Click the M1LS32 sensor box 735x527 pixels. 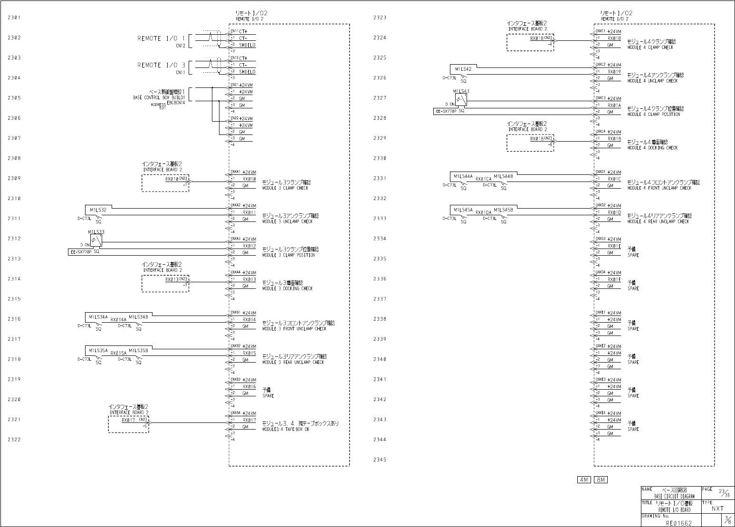pos(98,210)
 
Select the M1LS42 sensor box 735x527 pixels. pos(463,69)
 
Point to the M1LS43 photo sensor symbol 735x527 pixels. pos(461,100)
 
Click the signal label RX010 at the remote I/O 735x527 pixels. pos(249,179)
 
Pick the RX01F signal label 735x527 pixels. pos(614,279)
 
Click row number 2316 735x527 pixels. pos(14,319)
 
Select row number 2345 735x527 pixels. pos(380,460)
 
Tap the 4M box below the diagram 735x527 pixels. pos(583,480)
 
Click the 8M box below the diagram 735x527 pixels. pos(601,480)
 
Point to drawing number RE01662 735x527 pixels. pos(678,523)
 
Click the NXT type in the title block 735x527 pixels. pos(717,508)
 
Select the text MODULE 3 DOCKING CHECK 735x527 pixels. pos(287,288)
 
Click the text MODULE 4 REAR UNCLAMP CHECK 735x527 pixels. pos(658,221)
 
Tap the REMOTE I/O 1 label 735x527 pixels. pos(161,38)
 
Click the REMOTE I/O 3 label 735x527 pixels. pos(161,65)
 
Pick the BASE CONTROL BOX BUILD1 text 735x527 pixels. pos(159,97)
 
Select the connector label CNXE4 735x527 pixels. pos(601,413)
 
